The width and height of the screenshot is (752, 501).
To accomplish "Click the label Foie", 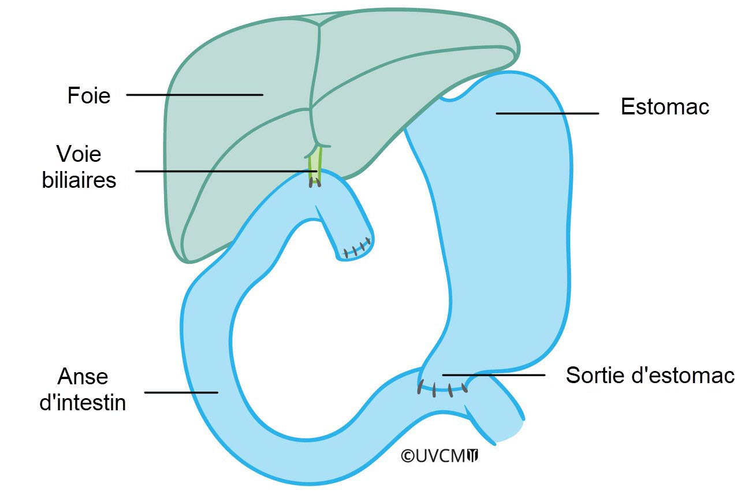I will point(88,95).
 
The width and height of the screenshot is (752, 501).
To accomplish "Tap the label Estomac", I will point(665,107).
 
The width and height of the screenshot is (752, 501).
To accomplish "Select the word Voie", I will point(79,154).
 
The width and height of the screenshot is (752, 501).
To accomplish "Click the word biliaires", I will point(79,180).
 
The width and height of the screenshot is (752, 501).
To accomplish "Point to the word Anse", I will point(83,377).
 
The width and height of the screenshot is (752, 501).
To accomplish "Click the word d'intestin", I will point(83,402).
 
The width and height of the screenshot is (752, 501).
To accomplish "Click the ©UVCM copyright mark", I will point(433,456).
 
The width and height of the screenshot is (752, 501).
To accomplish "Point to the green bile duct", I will point(315,162).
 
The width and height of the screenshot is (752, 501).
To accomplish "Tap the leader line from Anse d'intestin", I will point(181,392).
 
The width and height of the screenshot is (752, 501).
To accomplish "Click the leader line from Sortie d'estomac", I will point(493,375).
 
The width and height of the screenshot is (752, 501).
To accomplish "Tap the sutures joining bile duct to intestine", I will point(315,183).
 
